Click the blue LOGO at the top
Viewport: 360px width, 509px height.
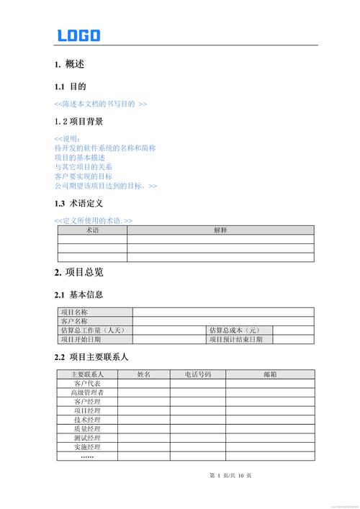coord(78,35)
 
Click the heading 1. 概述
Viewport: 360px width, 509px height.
coord(69,65)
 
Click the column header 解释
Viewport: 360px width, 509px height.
coord(220,230)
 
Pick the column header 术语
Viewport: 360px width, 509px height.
coord(92,230)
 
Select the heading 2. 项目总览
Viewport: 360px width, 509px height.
coord(78,272)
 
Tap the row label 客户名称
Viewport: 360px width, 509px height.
coord(75,321)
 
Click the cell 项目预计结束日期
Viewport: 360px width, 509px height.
coord(236,340)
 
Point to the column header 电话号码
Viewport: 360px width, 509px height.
coord(197,374)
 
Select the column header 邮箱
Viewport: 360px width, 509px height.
coord(270,374)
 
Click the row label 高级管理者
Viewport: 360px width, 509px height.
coord(87,392)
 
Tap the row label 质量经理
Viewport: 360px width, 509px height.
coord(87,429)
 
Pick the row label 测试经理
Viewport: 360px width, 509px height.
coord(87,438)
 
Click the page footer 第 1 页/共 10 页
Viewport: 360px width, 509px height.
coord(230,476)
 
